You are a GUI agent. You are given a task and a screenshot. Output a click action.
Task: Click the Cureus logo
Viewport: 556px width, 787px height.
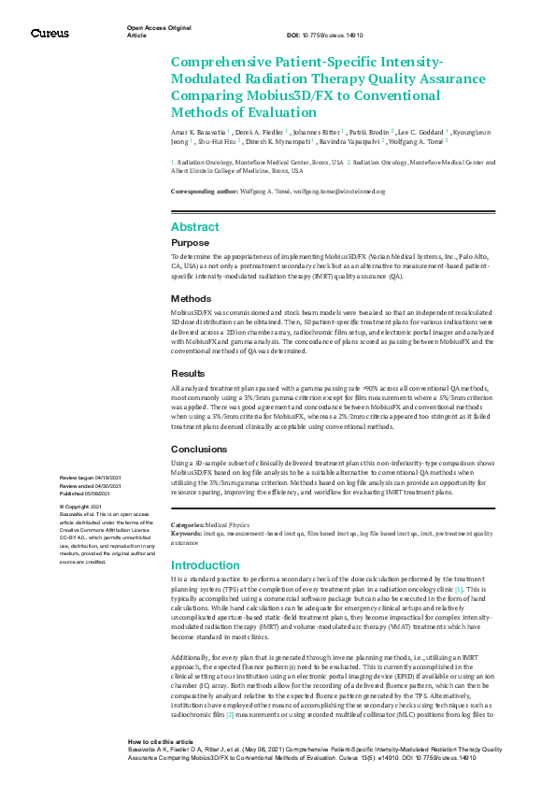click(50, 33)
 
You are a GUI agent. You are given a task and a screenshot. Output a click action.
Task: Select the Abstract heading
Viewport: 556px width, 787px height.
click(195, 227)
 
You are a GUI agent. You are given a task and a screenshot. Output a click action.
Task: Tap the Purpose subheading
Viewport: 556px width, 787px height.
click(191, 242)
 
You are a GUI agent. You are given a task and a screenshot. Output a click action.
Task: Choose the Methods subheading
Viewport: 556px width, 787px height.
click(192, 298)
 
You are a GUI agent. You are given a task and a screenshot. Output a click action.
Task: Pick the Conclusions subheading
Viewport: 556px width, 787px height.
click(199, 448)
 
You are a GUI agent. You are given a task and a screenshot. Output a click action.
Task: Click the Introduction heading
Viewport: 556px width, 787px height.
click(206, 565)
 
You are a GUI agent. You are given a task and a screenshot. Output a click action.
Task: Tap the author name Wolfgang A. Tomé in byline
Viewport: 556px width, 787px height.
click(418, 142)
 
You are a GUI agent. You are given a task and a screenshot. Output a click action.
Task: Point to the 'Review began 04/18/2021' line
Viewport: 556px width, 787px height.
click(93, 477)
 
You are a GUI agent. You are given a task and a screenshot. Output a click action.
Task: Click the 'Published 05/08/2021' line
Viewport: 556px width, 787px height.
click(90, 492)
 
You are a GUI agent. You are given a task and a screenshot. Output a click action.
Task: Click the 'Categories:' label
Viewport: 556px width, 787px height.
click(189, 526)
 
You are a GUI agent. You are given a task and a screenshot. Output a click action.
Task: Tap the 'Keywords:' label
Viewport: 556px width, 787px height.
click(189, 534)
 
